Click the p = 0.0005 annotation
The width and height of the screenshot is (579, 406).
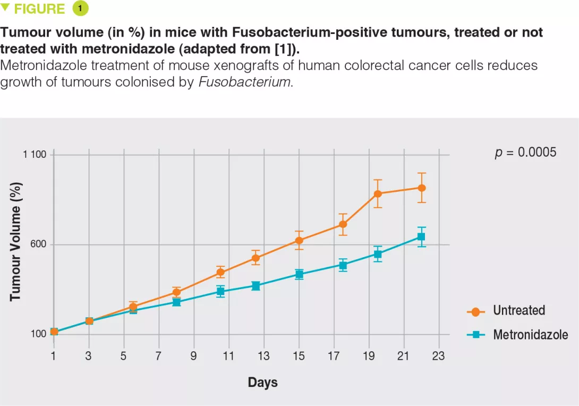coord(525,153)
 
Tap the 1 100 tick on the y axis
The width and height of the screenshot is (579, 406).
coord(35,155)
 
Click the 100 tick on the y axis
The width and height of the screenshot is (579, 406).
coord(39,334)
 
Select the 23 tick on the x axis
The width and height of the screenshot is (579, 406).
coord(438,356)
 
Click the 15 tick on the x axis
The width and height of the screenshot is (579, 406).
coord(299,356)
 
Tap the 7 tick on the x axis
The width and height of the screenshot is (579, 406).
coord(158,356)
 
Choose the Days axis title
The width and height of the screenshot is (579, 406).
coord(262,382)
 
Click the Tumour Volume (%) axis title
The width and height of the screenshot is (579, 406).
coord(16,241)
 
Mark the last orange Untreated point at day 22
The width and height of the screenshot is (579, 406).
coord(421,188)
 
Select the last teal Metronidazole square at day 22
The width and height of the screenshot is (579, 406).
coord(421,236)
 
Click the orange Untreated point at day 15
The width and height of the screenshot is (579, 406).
coord(299,240)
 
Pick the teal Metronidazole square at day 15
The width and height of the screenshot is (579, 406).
coord(299,274)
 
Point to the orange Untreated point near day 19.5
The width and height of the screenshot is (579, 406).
coord(378,193)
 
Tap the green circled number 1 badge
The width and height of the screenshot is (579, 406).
coord(80,9)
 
